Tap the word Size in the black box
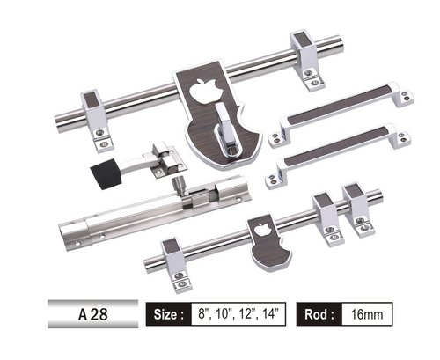click(x=167, y=314)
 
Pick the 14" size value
click(x=271, y=314)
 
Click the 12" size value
click(x=249, y=314)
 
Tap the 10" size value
click(x=226, y=314)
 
